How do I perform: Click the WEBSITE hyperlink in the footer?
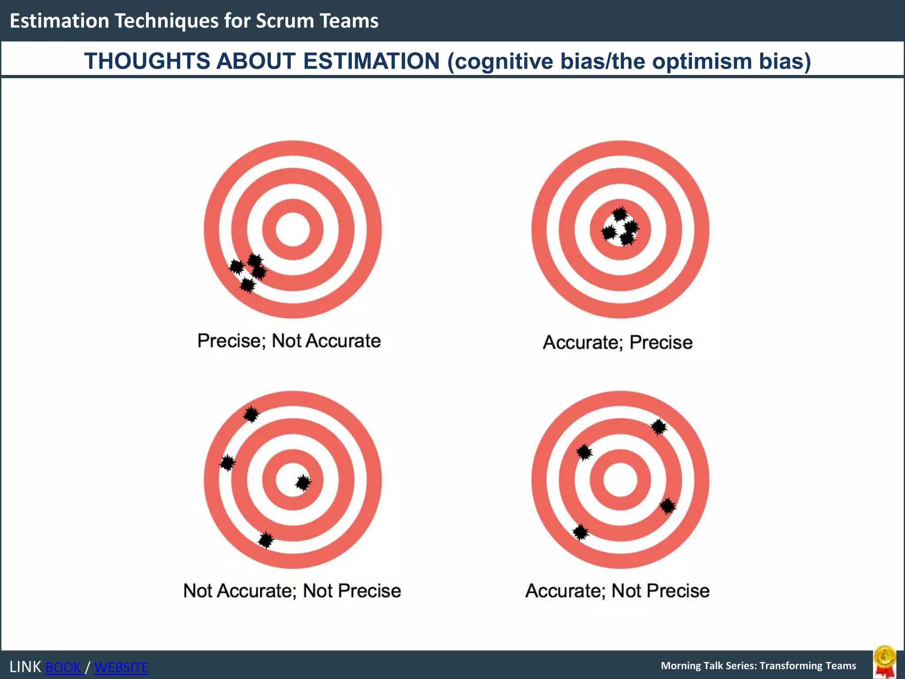coord(121,667)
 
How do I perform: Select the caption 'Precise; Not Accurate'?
coord(289,341)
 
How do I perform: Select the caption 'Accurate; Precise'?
coord(617,343)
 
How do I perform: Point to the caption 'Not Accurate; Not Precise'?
coord(292,591)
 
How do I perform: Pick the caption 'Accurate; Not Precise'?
coord(617,591)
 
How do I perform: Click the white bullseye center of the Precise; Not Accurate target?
coord(293,229)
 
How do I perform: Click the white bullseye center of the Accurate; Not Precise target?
coord(620,480)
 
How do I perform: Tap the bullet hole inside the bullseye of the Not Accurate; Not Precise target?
coord(303,483)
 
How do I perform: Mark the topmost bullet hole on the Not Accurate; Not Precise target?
coord(251,415)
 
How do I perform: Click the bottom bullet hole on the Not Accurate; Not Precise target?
coord(266,540)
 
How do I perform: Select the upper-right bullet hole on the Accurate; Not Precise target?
coord(659,427)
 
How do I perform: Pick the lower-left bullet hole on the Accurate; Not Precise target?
coord(581,532)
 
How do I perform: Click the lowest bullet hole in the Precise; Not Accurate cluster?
coord(248,285)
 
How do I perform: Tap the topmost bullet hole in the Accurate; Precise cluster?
coord(620,214)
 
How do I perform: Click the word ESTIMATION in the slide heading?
coord(371,61)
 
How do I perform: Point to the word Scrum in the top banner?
coord(281,21)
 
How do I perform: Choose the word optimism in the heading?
coord(702,61)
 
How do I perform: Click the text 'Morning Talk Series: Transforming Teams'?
coord(758,666)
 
